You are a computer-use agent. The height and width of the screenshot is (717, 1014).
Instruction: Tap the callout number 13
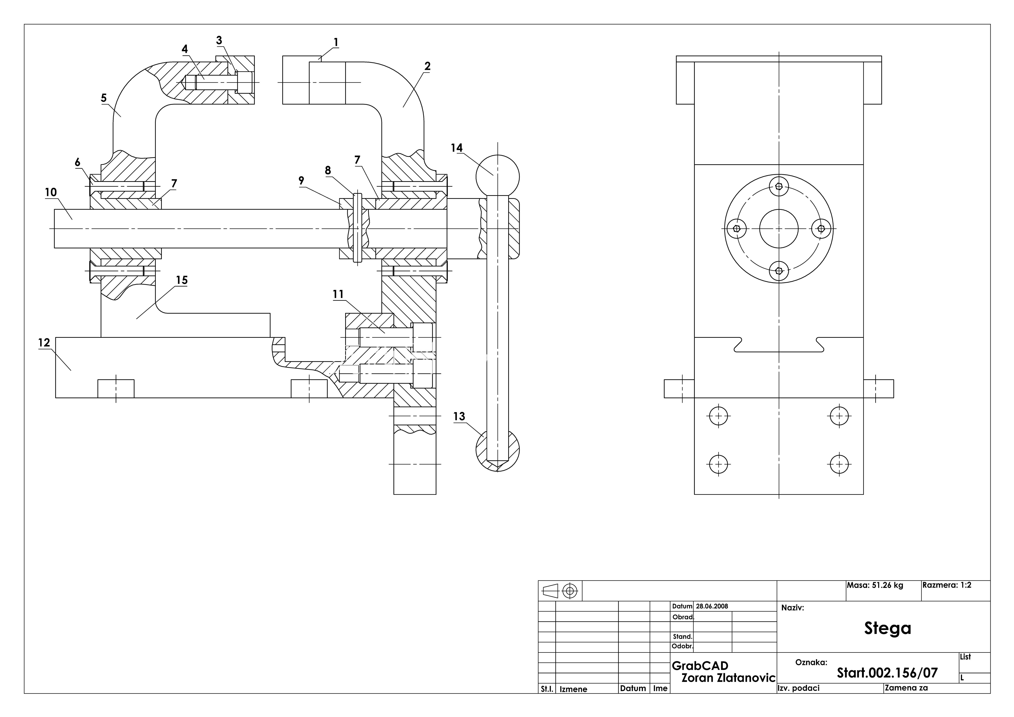pos(459,417)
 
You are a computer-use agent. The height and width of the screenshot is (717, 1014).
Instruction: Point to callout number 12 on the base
pos(44,343)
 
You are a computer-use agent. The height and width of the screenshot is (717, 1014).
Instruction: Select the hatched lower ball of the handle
pos(498,450)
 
